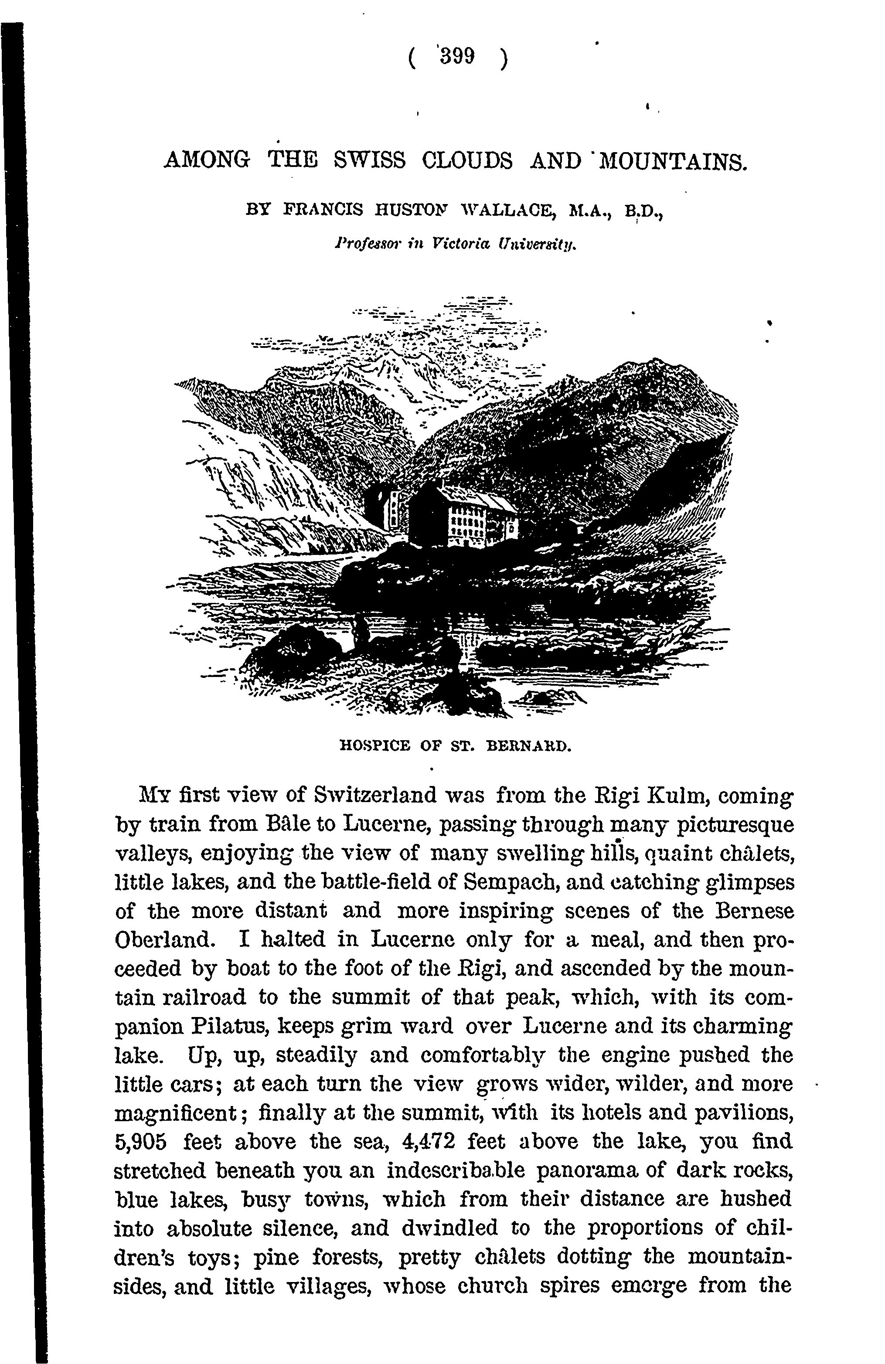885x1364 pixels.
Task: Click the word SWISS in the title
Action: tap(369, 160)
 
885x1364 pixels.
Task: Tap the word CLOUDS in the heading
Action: tap(467, 160)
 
